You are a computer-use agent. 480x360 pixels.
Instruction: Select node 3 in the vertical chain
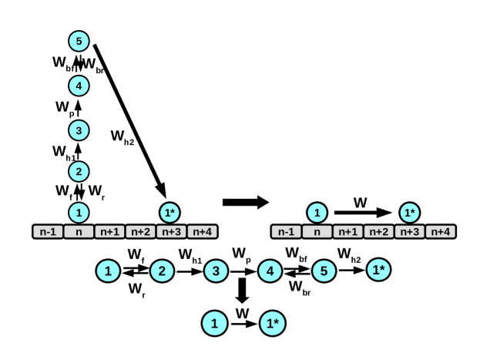tap(78, 130)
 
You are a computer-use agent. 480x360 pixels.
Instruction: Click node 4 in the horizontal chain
tap(270, 270)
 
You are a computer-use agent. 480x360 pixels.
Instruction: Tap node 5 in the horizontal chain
tap(324, 270)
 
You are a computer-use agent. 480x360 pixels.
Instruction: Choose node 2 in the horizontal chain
tap(162, 270)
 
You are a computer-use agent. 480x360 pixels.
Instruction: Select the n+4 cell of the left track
tap(203, 230)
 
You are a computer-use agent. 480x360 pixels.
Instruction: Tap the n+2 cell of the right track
tap(378, 230)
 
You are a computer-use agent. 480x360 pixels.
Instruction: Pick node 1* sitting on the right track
tap(410, 211)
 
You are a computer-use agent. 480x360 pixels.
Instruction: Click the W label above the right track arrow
tap(360, 203)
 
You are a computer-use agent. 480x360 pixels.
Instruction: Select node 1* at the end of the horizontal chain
tap(378, 270)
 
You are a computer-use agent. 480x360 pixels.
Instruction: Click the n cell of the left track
tap(78, 230)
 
